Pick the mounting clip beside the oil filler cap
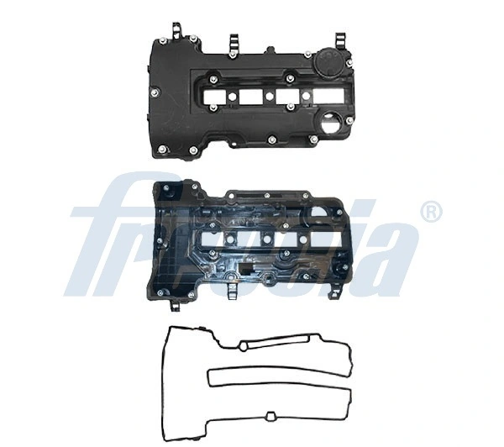341,40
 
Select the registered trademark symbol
430,211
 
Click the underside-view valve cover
252,239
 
